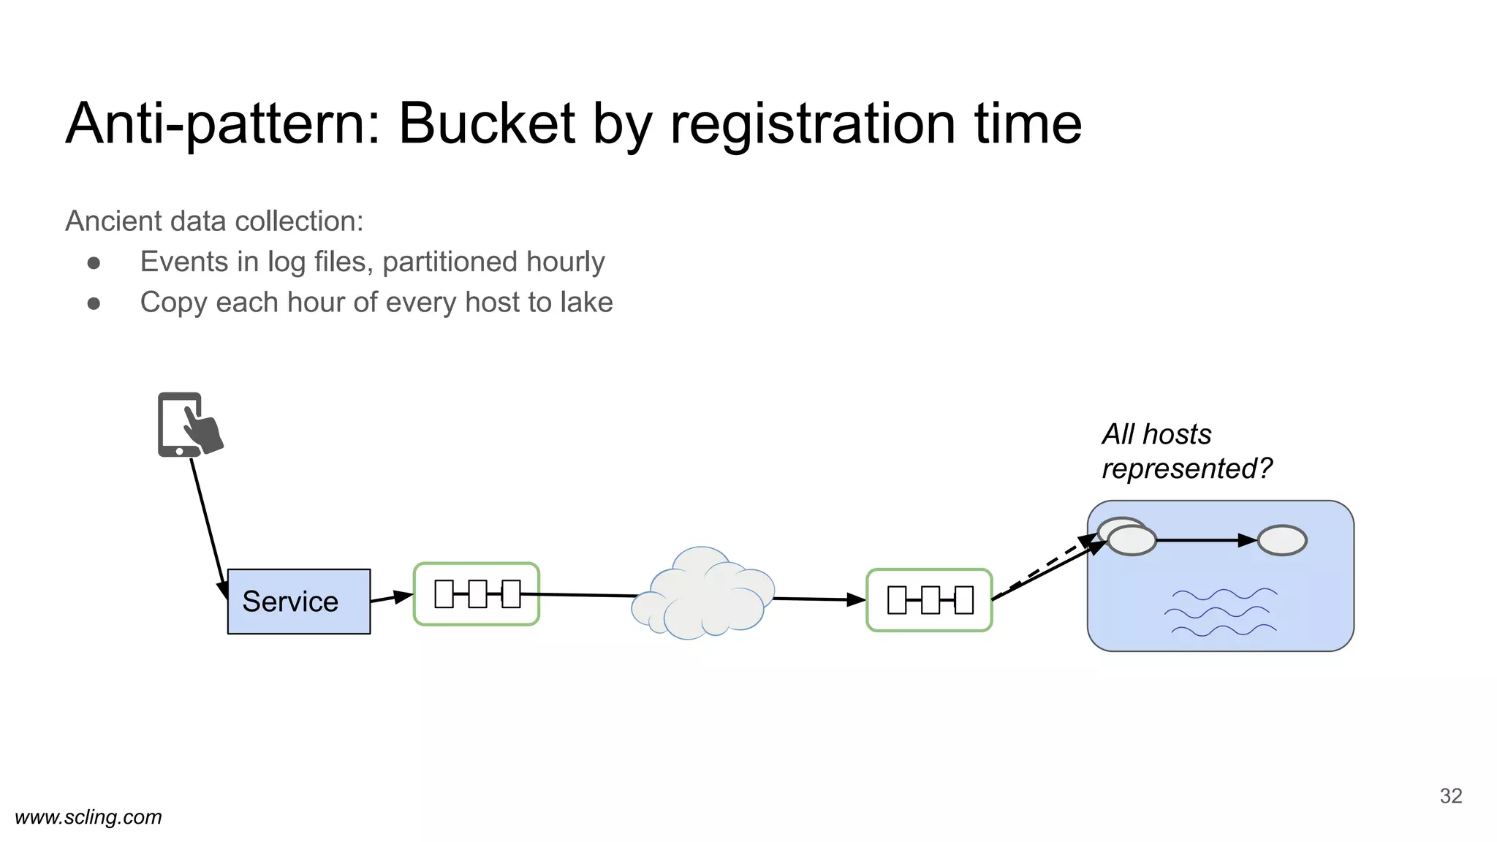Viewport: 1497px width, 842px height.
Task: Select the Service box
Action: (x=298, y=601)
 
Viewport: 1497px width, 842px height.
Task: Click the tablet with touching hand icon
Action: (x=188, y=425)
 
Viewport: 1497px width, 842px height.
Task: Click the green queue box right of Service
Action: (x=477, y=593)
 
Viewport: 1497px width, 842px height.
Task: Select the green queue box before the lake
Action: (x=929, y=599)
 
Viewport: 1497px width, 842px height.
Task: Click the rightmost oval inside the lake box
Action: (x=1282, y=541)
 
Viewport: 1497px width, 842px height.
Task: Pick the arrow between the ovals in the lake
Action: (x=1206, y=541)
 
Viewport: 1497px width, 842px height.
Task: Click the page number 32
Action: (x=1450, y=796)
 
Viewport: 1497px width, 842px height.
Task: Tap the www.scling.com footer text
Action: (x=88, y=817)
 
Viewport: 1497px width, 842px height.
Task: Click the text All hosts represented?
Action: (x=1186, y=451)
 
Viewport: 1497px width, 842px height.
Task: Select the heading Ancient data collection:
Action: (x=214, y=221)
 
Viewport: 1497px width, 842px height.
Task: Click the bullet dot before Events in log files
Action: (x=94, y=262)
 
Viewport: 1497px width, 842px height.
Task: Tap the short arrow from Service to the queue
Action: (x=392, y=597)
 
